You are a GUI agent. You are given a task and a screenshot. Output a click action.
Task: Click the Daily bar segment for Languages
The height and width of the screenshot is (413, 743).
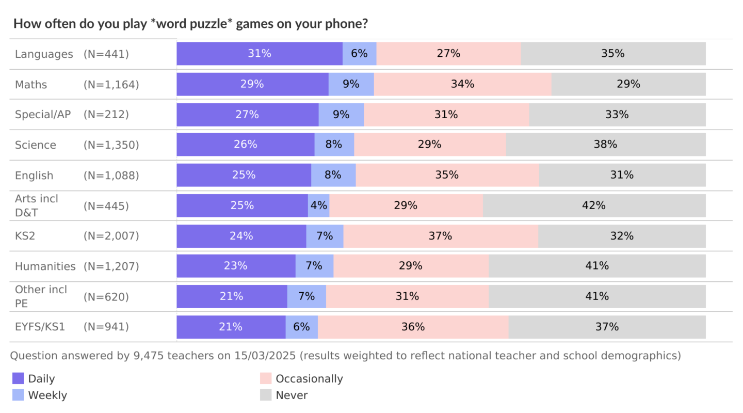(x=260, y=54)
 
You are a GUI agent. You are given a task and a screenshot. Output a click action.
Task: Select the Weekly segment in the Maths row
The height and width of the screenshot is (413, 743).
(x=351, y=84)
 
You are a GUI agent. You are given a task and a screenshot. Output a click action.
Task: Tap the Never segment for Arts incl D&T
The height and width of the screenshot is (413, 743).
(x=594, y=205)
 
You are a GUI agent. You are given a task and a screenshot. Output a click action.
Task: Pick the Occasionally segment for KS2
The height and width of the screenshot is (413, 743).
(x=441, y=236)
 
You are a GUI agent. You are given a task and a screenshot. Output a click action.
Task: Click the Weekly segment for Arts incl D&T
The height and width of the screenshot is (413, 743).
(x=318, y=205)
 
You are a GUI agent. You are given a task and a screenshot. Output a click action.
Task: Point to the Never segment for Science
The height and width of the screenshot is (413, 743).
(x=605, y=145)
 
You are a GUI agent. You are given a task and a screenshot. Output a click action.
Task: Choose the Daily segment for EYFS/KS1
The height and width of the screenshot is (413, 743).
(x=231, y=327)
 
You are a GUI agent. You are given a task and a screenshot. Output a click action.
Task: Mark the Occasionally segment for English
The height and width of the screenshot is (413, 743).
(x=447, y=175)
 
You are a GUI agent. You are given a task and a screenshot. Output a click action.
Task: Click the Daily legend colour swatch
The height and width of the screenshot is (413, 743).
(x=18, y=378)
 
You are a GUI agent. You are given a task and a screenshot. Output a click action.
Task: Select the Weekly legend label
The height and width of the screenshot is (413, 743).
(x=47, y=395)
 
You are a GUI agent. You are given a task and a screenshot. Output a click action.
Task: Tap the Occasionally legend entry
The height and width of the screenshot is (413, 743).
(x=309, y=378)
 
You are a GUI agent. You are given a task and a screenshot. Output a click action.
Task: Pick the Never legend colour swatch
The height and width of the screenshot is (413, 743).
(x=266, y=395)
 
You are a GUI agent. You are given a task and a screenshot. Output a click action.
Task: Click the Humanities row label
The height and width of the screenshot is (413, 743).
(x=45, y=266)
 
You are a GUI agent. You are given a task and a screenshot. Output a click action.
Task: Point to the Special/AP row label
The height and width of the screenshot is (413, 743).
(x=43, y=115)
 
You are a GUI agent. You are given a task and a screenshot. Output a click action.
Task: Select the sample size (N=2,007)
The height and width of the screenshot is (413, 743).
(x=111, y=236)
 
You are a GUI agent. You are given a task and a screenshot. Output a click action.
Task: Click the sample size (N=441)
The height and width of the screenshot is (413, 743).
(x=106, y=54)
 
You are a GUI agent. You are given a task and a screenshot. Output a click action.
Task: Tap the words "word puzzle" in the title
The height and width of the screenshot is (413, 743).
(x=191, y=24)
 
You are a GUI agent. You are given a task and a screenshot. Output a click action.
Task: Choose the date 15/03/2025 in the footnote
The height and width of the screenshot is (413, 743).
(x=264, y=356)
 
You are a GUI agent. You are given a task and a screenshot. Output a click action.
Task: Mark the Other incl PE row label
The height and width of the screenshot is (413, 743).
(x=41, y=296)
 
